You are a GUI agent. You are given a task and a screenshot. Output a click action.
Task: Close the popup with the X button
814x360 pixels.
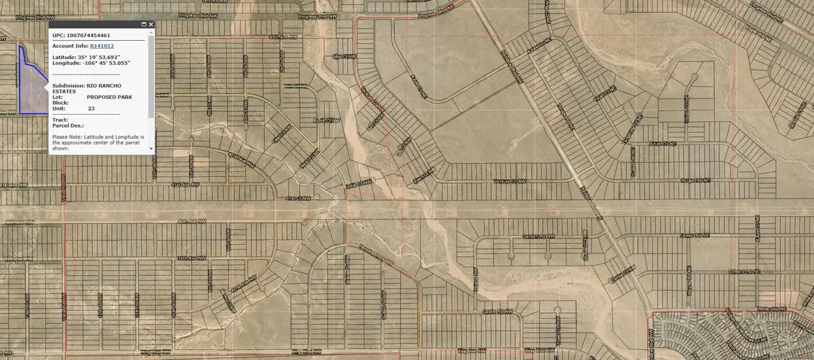tap(151, 24)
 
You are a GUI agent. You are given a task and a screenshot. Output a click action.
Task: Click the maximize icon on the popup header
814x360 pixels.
tap(143, 24)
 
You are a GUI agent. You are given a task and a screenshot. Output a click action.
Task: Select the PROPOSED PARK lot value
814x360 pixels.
tap(109, 97)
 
